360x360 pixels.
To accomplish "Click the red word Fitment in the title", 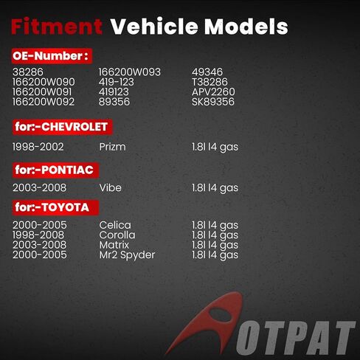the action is [57, 27].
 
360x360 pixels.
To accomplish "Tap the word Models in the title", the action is [246, 27].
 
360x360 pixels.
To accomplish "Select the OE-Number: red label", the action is [52, 56].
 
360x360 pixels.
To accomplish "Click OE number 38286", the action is [28, 72].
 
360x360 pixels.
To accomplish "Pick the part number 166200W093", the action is [130, 72].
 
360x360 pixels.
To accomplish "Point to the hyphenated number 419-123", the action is [117, 82].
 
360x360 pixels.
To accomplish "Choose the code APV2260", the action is [213, 91].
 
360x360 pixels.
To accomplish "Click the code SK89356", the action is [213, 102].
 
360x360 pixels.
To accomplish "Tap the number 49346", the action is [207, 72].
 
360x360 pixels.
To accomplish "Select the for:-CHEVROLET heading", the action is [63, 127].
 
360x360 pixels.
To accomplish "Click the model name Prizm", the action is [112, 147].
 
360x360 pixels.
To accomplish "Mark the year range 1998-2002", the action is [38, 147].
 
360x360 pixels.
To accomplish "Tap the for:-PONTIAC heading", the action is [55, 170].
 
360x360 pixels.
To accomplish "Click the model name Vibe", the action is [110, 187].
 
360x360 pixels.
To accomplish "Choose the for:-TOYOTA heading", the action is [55, 207].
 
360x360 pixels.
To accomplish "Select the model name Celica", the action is [115, 225].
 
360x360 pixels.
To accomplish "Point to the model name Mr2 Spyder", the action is [127, 255].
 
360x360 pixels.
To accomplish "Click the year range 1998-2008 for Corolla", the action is [38, 235].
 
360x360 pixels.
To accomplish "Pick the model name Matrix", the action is [114, 245].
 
